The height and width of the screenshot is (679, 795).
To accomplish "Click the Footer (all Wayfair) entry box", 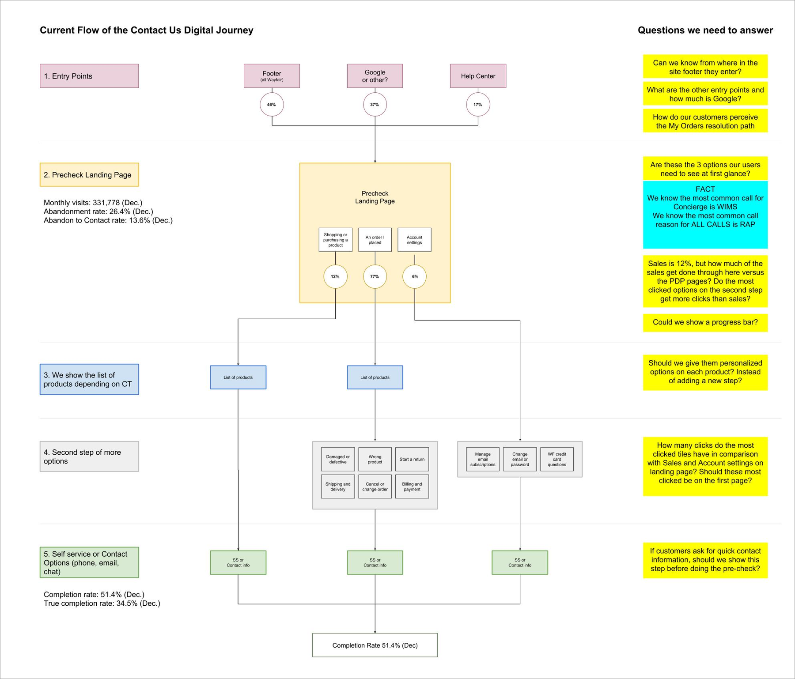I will (x=272, y=76).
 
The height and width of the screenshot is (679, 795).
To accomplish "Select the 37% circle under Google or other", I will (x=375, y=105).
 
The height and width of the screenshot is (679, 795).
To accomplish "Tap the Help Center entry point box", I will (x=478, y=76).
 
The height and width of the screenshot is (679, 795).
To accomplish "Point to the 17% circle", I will (x=478, y=105).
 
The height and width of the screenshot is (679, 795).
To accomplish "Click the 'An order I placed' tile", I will (x=375, y=240).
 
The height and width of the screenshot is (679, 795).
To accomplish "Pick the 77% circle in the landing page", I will (x=375, y=276).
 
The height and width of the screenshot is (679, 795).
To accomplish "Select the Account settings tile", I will (x=414, y=240).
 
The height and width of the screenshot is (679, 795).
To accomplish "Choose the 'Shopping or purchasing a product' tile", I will (x=335, y=240).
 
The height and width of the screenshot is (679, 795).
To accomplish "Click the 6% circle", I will (x=414, y=276).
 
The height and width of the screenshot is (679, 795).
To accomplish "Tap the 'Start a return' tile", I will (x=412, y=459).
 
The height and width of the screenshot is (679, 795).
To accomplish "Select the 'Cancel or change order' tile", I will (x=375, y=487).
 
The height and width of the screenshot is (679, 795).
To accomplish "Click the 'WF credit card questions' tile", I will (x=556, y=459).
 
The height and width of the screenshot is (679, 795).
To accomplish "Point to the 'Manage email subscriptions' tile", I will (x=483, y=459).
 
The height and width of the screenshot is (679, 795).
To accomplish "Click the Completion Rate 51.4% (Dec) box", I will (x=375, y=645).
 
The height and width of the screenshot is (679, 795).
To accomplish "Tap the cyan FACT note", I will (x=705, y=215).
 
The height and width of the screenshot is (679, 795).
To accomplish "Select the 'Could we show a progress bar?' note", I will (x=705, y=322).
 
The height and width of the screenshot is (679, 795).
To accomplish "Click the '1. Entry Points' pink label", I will (x=89, y=76).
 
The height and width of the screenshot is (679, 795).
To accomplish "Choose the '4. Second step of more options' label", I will (x=89, y=456).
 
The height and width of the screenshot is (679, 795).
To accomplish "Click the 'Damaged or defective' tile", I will (x=338, y=459).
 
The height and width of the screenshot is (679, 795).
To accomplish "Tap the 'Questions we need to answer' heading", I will (x=705, y=30).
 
